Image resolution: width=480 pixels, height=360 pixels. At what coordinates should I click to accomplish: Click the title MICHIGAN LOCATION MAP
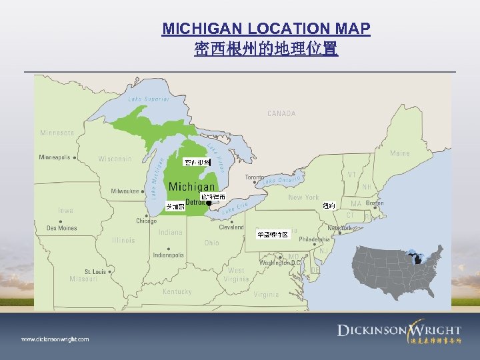pos(266,29)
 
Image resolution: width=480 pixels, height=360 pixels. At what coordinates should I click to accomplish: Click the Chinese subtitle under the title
pos(266,49)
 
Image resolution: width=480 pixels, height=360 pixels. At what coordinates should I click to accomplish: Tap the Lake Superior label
pos(149,99)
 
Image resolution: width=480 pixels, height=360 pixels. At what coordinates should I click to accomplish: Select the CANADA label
pos(281,113)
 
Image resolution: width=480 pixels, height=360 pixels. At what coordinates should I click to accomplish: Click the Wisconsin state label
pos(115,159)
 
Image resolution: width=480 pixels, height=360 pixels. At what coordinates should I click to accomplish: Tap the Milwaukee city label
pos(125,191)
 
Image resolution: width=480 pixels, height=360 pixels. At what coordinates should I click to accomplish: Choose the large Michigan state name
pos(192,187)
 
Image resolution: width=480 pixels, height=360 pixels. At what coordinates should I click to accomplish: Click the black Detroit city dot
pos(209,203)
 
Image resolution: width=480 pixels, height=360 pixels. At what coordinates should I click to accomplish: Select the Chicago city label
pos(147,221)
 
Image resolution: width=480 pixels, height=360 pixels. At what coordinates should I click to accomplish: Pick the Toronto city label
pos(254,178)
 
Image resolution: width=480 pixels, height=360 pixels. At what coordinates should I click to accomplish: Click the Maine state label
pos(400,153)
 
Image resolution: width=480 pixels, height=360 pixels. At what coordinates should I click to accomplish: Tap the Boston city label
pos(375,203)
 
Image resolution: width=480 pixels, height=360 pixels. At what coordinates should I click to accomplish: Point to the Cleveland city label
pos(232,227)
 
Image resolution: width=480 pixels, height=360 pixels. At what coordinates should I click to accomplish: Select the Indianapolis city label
pos(168,255)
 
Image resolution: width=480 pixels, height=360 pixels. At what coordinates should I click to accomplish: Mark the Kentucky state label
pos(177,291)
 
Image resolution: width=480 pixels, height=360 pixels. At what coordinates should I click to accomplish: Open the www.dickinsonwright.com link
pos(55,339)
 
